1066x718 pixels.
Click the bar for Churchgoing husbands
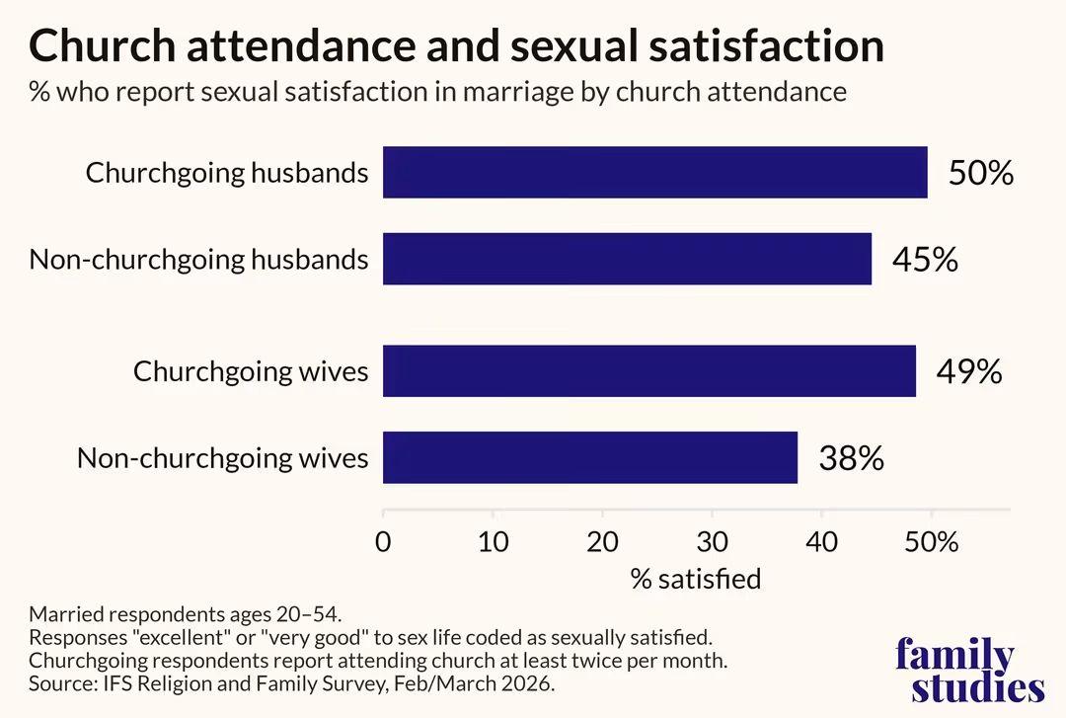[654, 172]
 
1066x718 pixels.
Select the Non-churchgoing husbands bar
[627, 259]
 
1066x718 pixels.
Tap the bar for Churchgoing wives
[649, 371]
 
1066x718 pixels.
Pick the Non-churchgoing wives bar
[590, 457]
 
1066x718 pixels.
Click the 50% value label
[981, 173]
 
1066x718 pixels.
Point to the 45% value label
[925, 260]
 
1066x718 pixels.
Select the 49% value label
[969, 371]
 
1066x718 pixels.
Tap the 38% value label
[852, 458]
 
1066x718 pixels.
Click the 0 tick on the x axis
[383, 542]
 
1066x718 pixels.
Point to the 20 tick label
[602, 542]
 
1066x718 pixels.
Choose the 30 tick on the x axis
[713, 542]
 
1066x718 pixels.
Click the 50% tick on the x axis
[932, 542]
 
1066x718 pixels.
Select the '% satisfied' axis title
[696, 579]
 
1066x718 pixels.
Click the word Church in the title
[103, 45]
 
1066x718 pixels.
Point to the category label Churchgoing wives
[251, 372]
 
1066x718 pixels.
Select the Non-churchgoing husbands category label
[198, 260]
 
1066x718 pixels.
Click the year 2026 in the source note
[525, 683]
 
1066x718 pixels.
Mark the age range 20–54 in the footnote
[307, 614]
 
